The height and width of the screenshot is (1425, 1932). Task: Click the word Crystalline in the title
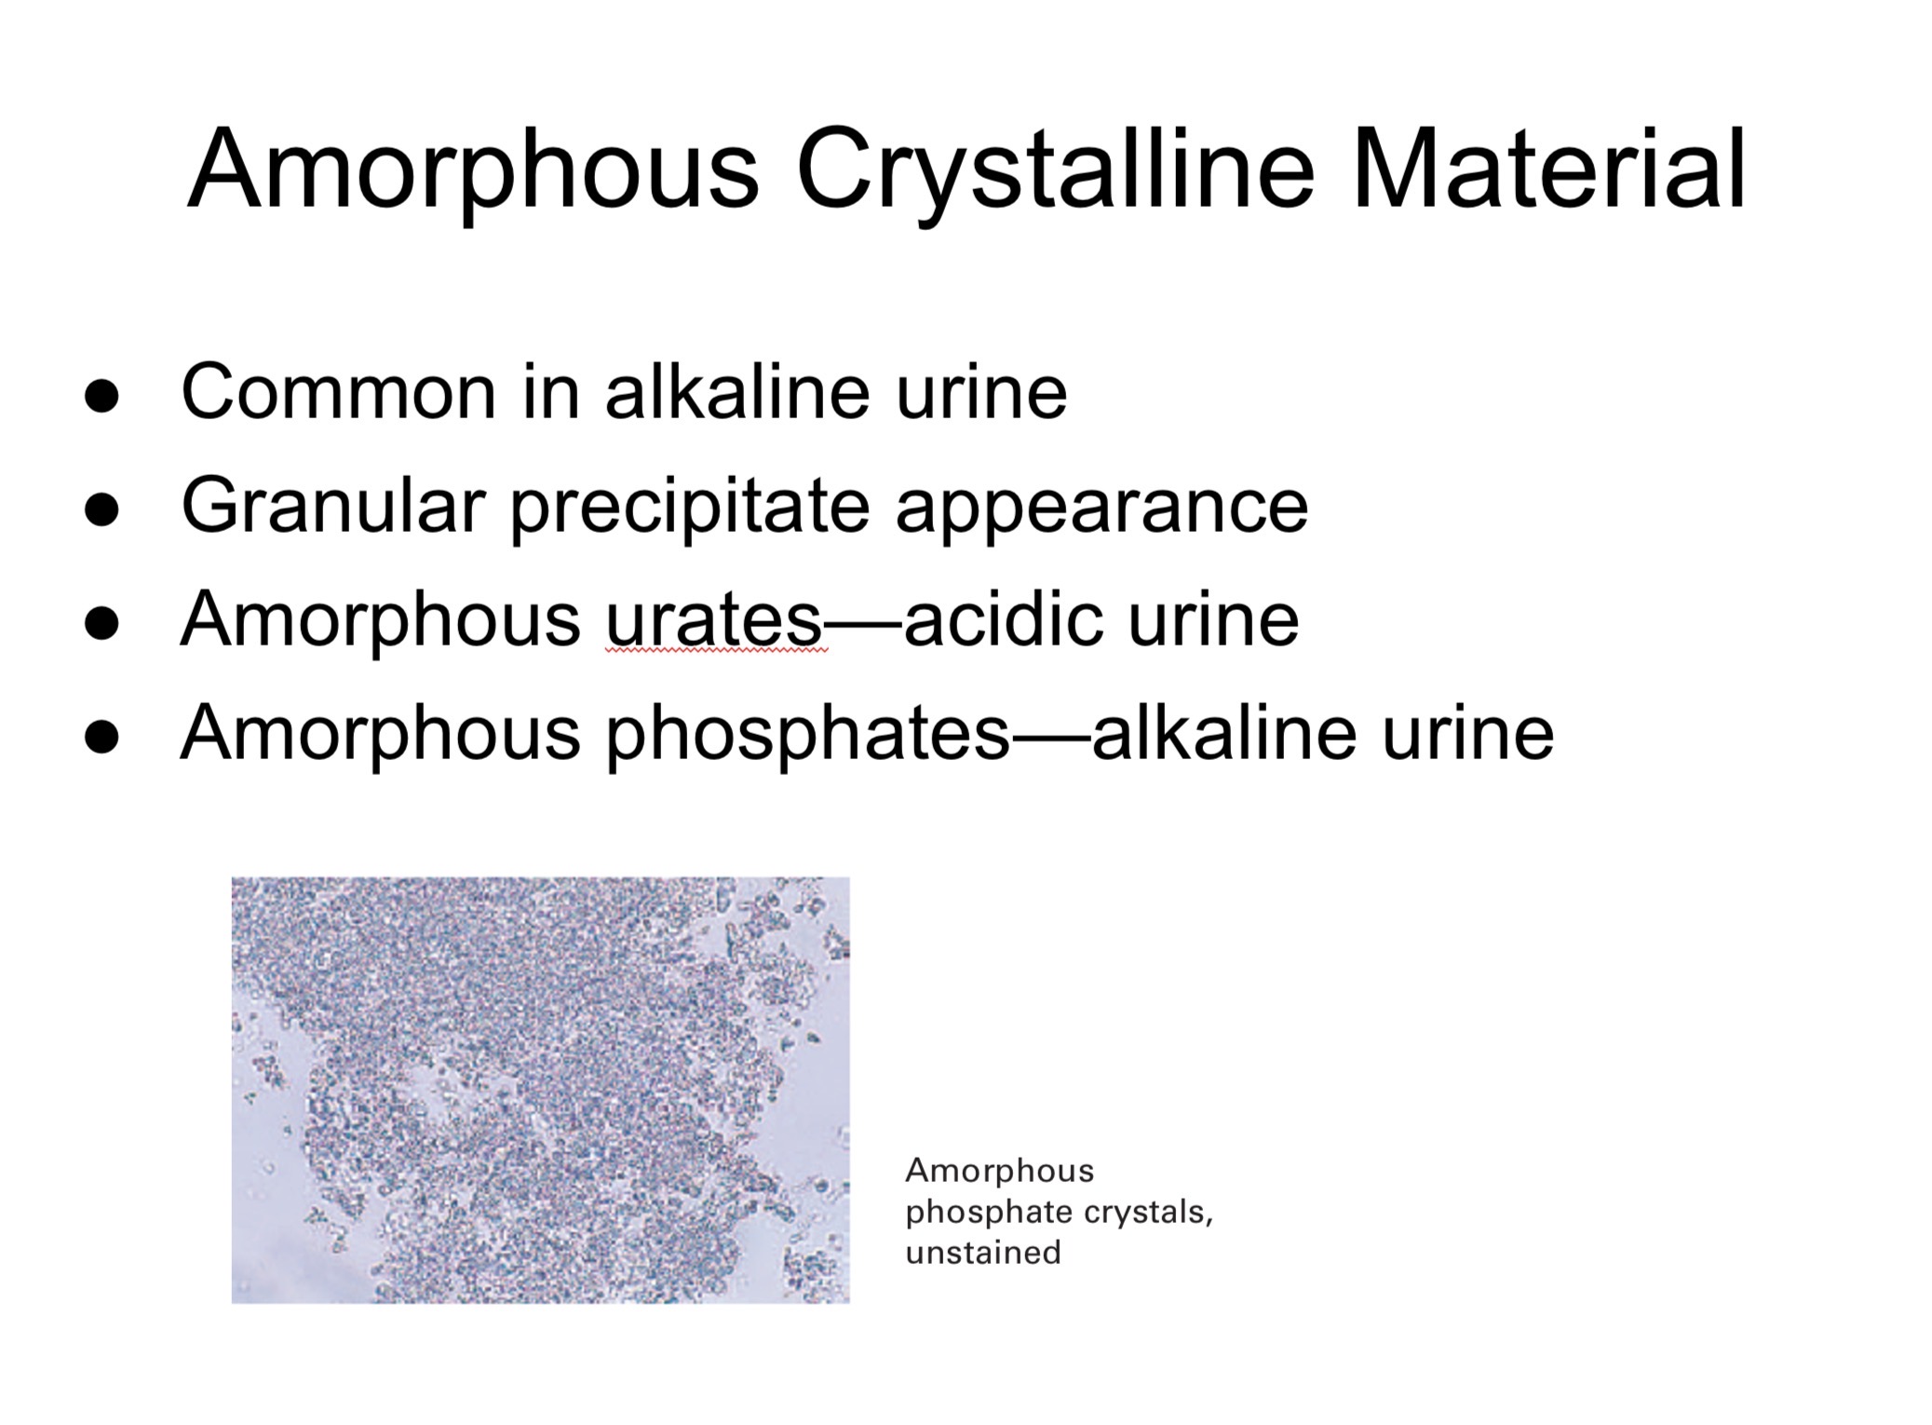[1054, 172]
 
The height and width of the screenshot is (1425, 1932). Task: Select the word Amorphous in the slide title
[474, 172]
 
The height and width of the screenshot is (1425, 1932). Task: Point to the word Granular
[333, 506]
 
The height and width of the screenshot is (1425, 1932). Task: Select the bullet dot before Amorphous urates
[101, 623]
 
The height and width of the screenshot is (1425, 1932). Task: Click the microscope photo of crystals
[540, 1090]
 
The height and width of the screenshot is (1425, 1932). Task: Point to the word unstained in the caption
[983, 1253]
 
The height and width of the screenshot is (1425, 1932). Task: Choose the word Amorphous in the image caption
[1000, 1171]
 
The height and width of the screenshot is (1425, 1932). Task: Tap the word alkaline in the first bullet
[737, 392]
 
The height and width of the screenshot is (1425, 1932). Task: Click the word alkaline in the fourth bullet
[1224, 733]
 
